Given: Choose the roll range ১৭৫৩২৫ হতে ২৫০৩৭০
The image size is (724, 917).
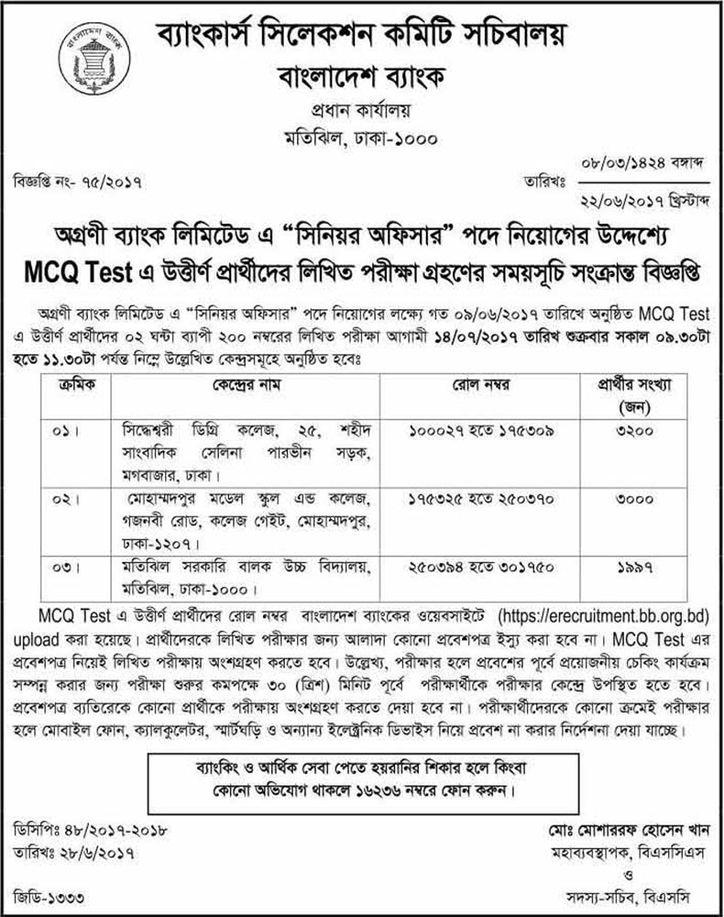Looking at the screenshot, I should (508, 502).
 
